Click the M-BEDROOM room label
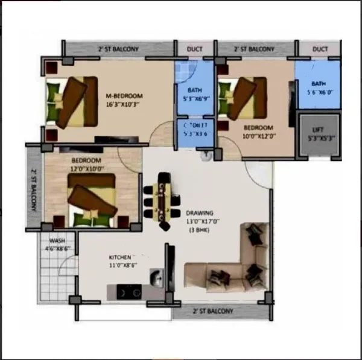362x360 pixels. pos(124,96)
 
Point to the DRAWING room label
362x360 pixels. pos(199,213)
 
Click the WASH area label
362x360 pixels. pos(57,241)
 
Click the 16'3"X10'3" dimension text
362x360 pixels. pos(123,104)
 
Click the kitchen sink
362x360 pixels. pos(156,278)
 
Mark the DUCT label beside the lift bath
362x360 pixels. pos(320,49)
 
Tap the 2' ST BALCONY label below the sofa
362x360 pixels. pos(212,312)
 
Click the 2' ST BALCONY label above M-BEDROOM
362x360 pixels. pos(118,49)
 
